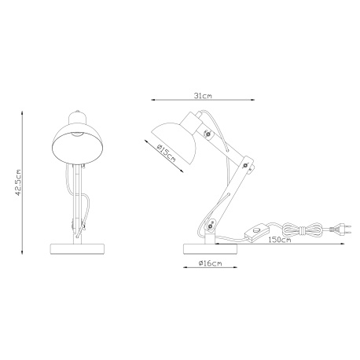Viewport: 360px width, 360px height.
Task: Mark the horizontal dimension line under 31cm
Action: tap(204, 100)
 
